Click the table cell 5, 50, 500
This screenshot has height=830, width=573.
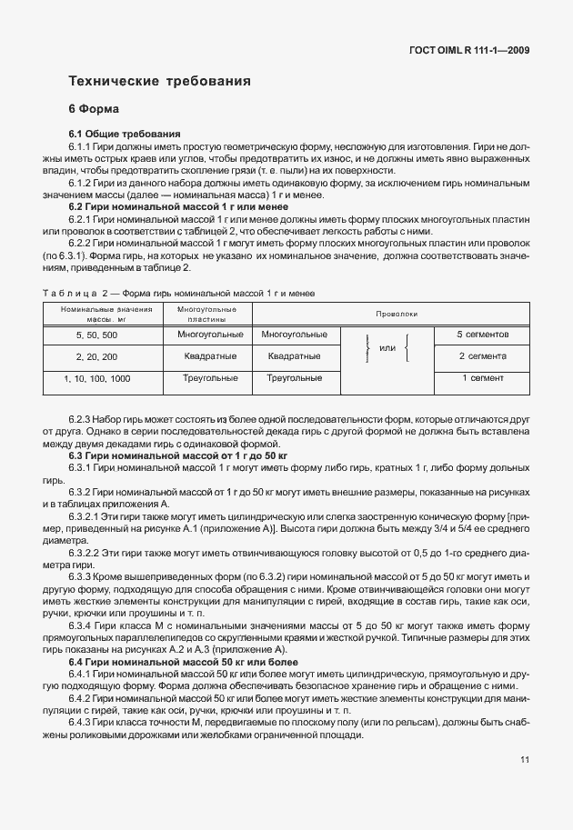click(91, 335)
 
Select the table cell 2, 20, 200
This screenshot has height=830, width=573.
click(91, 356)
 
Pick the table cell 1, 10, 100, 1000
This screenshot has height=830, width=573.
click(91, 378)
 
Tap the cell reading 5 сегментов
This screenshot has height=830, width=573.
click(482, 335)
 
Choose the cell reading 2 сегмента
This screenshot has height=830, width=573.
click(482, 356)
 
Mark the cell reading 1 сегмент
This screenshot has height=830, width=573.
click(482, 378)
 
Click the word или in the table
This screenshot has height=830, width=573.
click(387, 349)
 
